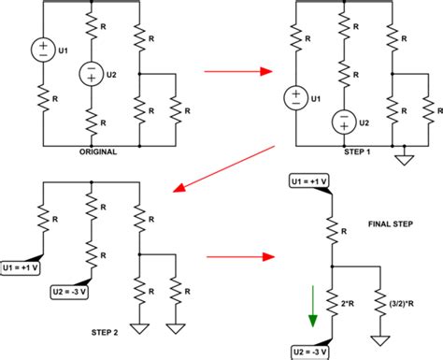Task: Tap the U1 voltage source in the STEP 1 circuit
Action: coord(295,97)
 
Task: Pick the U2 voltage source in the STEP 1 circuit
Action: coord(344,122)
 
